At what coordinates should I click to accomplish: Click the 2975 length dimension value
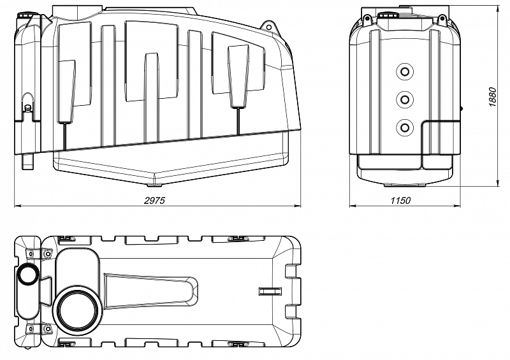tap(154, 200)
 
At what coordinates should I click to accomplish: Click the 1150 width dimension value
tap(400, 200)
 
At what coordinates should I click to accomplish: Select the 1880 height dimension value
tap(492, 97)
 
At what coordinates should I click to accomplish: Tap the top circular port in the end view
tap(405, 72)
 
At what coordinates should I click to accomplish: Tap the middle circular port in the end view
tap(405, 99)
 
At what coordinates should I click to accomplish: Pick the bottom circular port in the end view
tap(405, 127)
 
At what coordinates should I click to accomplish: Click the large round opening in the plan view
tap(78, 310)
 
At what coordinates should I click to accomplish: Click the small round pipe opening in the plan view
tap(28, 275)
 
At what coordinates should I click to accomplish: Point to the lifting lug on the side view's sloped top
tap(268, 26)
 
